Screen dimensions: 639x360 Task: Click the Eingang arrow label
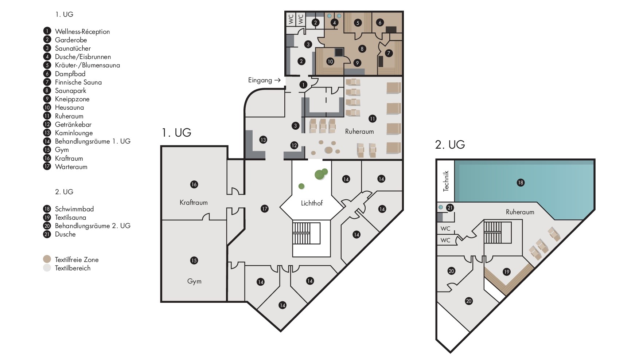264,80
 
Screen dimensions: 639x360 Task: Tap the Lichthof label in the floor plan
312,203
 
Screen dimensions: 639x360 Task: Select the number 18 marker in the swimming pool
521,183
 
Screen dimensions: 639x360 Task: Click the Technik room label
446,181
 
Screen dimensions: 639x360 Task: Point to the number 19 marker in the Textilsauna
506,271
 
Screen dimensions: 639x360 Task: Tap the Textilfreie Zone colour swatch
47,259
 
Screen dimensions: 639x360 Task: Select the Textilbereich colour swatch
47,268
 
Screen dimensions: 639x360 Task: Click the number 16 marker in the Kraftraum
194,184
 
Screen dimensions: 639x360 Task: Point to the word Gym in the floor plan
194,281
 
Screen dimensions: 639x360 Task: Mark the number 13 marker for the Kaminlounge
263,140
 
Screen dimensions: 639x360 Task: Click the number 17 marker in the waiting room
265,209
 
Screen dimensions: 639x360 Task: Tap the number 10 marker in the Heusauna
330,62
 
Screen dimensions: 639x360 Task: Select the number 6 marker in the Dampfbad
380,23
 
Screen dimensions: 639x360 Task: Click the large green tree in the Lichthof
320,174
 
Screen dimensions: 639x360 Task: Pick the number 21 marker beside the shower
450,208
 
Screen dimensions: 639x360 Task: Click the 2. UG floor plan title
450,145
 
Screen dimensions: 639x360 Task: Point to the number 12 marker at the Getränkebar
294,145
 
